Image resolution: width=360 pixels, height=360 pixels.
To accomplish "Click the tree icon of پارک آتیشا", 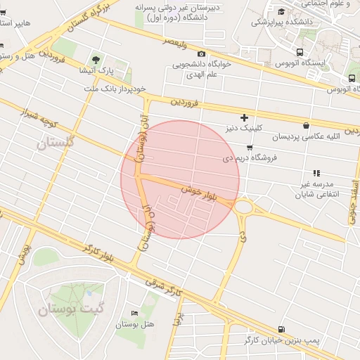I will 96,59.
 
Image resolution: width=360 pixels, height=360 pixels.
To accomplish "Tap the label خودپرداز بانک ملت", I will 115,89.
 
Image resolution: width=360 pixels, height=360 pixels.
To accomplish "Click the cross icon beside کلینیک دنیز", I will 244,117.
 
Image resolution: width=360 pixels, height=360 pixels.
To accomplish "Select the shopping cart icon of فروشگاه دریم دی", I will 249,147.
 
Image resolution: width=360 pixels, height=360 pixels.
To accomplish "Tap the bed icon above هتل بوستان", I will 134,313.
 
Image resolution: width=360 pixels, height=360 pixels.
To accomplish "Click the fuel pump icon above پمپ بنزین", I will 282,328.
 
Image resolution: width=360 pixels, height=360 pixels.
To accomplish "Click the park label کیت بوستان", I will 65,307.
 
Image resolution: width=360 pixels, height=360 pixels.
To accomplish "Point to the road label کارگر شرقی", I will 163,283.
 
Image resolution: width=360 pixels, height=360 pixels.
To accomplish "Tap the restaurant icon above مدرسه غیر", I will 316,172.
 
